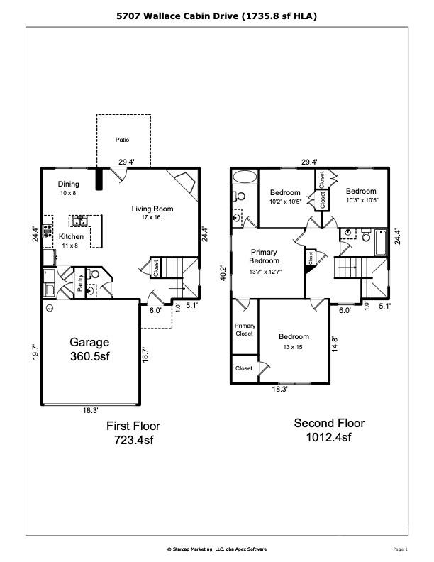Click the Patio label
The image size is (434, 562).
[x=123, y=140]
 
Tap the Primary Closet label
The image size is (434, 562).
[x=245, y=329]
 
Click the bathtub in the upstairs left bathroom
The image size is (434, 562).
[x=245, y=177]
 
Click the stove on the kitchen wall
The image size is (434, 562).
[x=48, y=231]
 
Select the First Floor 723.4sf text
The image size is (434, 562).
[x=133, y=433]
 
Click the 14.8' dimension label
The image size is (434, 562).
[x=335, y=343]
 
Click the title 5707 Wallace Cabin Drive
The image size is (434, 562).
[x=216, y=15]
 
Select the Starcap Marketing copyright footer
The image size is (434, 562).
[x=216, y=549]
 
